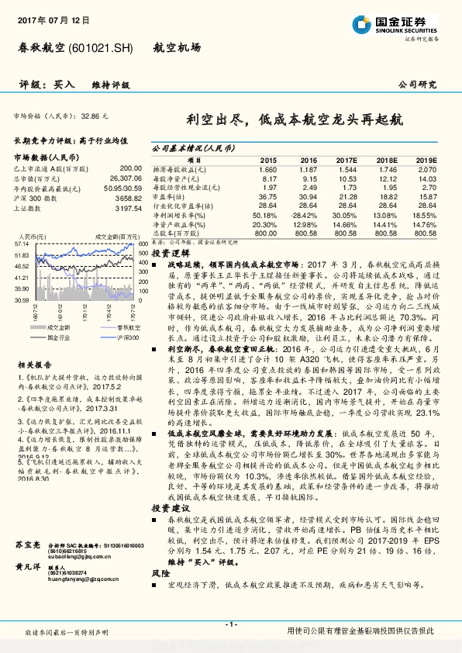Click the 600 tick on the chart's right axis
coord(143,244)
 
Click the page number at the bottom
coord(230,624)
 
